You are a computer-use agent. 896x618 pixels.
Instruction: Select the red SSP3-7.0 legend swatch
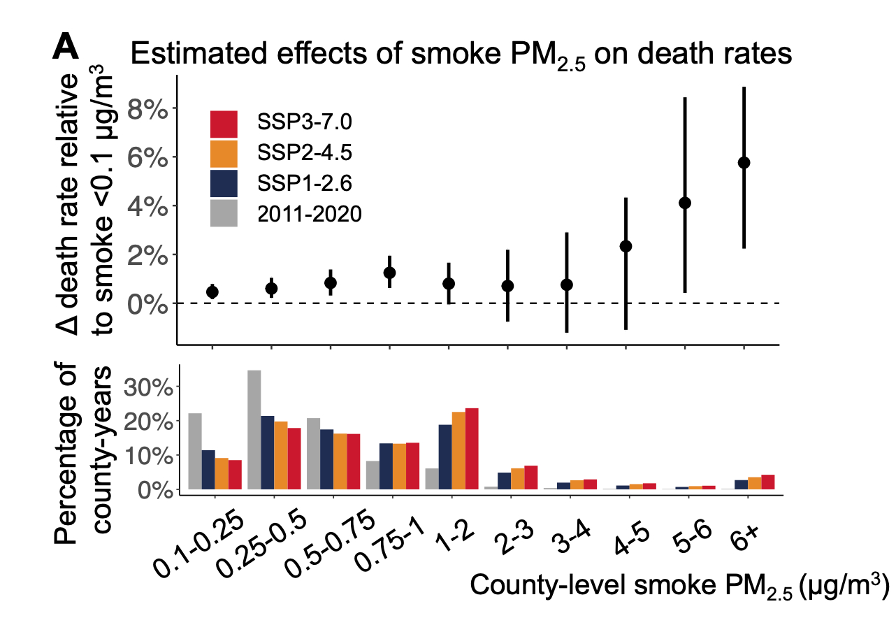click(x=224, y=124)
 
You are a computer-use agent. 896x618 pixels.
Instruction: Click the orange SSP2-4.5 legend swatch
click(x=224, y=154)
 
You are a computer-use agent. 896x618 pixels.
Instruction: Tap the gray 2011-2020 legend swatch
click(x=224, y=213)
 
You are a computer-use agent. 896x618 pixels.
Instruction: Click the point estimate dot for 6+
click(x=744, y=162)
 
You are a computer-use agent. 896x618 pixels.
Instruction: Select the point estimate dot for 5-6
click(x=685, y=203)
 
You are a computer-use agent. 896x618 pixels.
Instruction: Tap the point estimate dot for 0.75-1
click(x=390, y=273)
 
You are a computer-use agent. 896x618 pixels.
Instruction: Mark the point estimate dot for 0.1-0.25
click(x=212, y=292)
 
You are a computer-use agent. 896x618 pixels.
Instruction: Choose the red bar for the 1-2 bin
click(x=472, y=449)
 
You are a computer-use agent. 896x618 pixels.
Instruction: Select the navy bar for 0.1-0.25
click(x=208, y=470)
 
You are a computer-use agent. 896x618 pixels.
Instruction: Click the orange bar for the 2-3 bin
click(x=517, y=479)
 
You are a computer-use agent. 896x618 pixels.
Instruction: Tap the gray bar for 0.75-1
click(x=373, y=475)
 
